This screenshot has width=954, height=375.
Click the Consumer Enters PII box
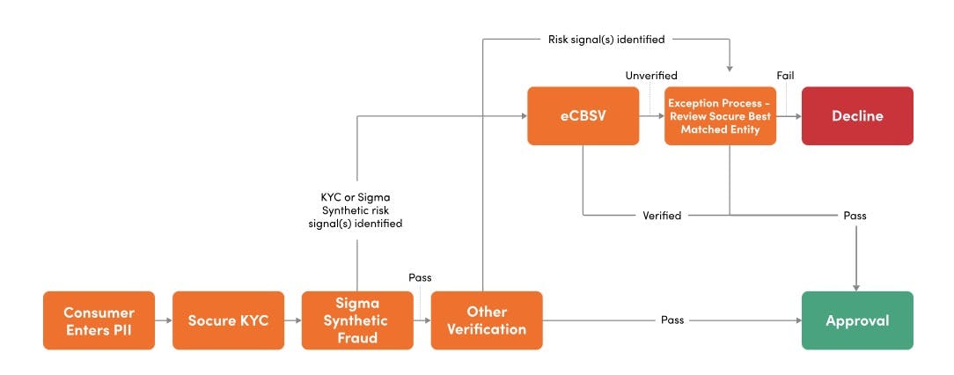pos(99,320)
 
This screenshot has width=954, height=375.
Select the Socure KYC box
pos(228,320)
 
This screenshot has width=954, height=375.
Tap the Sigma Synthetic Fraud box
pos(356,320)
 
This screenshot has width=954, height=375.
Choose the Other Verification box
pos(486,320)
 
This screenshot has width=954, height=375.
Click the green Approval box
pos(856,320)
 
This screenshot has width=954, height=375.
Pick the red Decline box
pos(856,115)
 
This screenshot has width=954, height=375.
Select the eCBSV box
pos(583,115)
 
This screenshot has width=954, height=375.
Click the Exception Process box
pos(720,115)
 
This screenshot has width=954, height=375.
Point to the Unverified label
pos(651,76)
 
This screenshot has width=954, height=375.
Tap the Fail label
pos(785,76)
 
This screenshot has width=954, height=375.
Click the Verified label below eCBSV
pos(662,215)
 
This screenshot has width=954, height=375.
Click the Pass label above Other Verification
pos(420,277)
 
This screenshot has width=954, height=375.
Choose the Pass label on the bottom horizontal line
pos(672,320)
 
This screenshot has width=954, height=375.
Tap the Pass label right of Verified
pos(855,215)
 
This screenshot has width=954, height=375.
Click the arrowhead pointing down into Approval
pos(856,286)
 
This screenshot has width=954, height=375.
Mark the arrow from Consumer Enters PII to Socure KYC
pos(163,320)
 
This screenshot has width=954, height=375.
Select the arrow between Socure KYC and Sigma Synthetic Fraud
pos(292,320)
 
